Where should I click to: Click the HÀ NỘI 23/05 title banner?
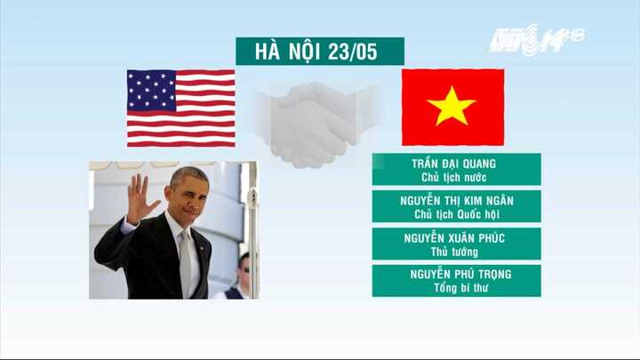[319, 51]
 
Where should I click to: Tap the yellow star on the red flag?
[452, 107]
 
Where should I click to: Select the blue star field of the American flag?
[150, 90]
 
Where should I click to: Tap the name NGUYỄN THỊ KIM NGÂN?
[456, 201]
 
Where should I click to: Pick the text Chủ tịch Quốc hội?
[456, 214]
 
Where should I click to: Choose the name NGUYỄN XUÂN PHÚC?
[456, 238]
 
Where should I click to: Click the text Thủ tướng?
[456, 252]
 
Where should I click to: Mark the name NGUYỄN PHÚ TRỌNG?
[456, 275]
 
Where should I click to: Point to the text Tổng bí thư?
[456, 288]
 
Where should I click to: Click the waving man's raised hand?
[139, 198]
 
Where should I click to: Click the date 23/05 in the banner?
[353, 51]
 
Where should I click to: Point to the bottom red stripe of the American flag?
[180, 142]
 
